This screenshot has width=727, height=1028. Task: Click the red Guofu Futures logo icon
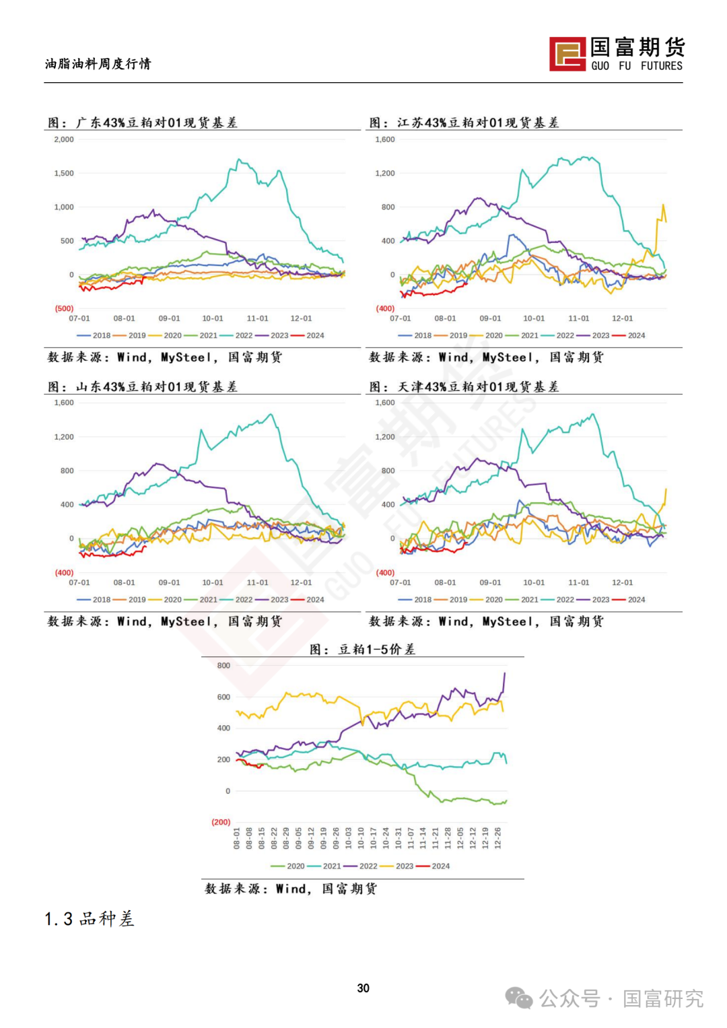567,54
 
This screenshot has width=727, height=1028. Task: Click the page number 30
363,988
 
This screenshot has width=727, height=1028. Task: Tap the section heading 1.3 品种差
90,919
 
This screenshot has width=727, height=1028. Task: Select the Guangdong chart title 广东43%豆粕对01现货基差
156,123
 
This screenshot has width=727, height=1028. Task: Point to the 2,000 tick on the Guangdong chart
64,139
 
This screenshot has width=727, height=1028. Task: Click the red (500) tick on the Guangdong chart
64,308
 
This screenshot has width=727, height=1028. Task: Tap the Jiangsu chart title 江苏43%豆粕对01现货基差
478,123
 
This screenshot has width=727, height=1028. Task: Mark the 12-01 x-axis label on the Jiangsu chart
622,318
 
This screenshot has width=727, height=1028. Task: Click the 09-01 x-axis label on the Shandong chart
169,582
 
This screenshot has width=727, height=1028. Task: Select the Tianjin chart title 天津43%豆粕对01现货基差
478,386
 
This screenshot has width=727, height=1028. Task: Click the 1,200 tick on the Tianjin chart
385,436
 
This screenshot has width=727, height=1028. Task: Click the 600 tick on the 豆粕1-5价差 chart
223,697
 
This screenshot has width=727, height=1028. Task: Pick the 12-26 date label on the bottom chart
497,838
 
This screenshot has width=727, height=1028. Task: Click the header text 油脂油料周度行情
98,64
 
